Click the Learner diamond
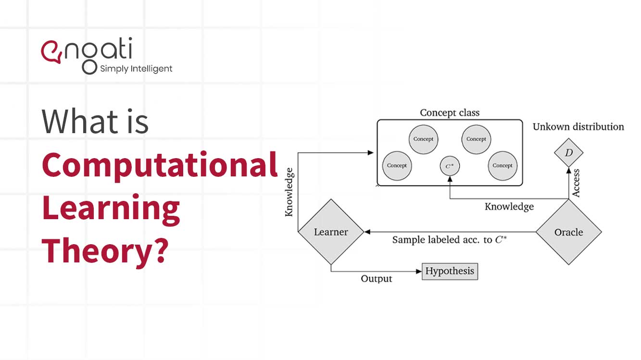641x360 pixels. tap(330, 232)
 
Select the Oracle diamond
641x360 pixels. tap(568, 232)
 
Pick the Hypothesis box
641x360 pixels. tap(450, 271)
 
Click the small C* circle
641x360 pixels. tap(450, 166)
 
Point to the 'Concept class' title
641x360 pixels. tap(450, 112)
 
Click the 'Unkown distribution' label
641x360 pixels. tap(578, 127)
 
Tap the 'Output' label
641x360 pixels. tap(377, 279)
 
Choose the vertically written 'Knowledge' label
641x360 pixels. tap(289, 191)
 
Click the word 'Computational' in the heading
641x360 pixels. tap(160, 165)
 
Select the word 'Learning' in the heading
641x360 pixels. tap(111, 208)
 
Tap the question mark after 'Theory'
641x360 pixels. tap(160, 251)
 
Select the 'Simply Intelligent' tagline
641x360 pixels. tap(136, 69)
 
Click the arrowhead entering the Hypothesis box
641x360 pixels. tap(419, 271)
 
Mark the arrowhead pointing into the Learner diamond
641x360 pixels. tap(367, 232)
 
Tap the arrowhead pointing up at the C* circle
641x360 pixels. tap(450, 177)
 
